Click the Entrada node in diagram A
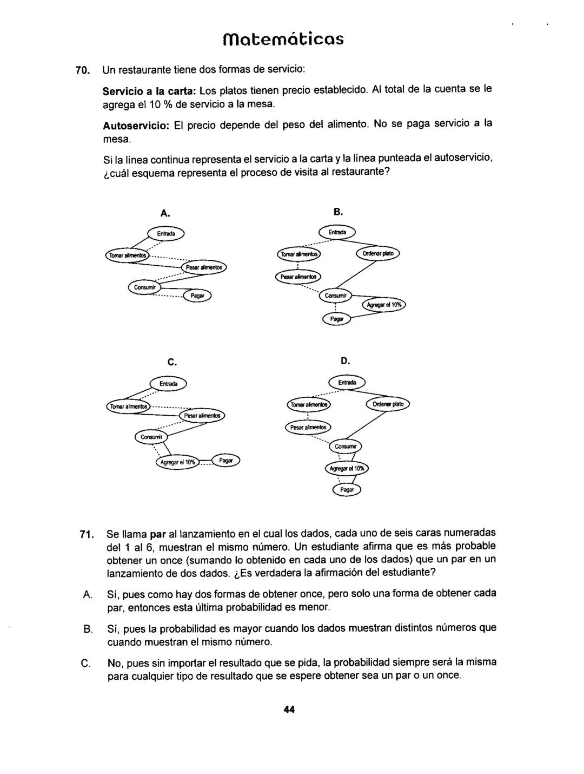[x=165, y=233]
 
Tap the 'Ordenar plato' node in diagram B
[x=377, y=254]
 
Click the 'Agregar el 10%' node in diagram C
[x=177, y=462]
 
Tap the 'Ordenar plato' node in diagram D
[x=388, y=404]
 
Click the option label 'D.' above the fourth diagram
[x=346, y=360]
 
